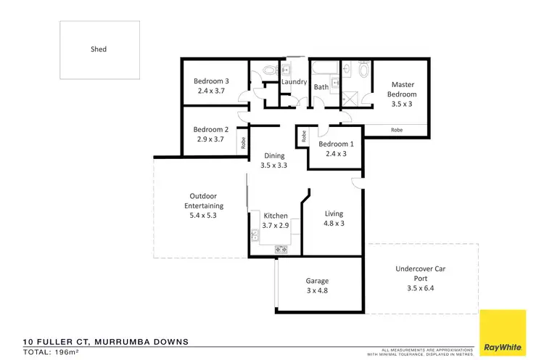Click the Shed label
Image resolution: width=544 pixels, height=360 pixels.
click(x=99, y=49)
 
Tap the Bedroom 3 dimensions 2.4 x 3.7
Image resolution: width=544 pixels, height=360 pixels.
click(x=213, y=91)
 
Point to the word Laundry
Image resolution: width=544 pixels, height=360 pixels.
click(x=294, y=82)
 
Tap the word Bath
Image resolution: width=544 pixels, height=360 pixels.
click(x=321, y=87)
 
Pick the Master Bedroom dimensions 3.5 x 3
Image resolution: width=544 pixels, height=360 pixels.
click(x=401, y=104)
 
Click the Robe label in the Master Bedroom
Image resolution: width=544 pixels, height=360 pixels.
click(x=397, y=130)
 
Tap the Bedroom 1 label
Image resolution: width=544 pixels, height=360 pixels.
click(x=334, y=143)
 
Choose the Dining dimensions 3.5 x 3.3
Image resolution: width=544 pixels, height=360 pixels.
click(x=274, y=165)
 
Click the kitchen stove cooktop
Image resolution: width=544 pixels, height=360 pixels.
click(x=281, y=249)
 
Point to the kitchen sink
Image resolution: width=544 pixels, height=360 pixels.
click(x=255, y=234)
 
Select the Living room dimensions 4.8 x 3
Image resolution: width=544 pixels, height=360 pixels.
click(x=334, y=224)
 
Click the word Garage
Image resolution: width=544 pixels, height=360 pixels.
click(x=318, y=281)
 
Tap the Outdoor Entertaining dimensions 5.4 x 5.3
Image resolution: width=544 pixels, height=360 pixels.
click(x=203, y=216)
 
